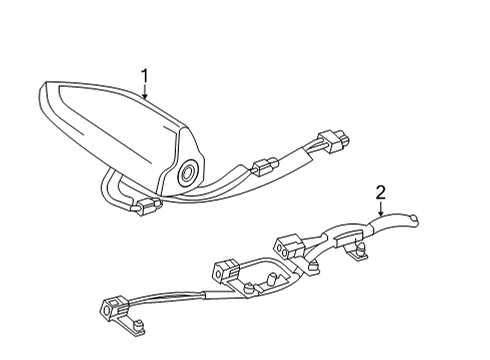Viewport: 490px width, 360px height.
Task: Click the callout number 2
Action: coord(380,192)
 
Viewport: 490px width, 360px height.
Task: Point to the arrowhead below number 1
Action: coord(146,98)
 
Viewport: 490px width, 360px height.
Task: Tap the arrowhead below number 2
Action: coord(380,216)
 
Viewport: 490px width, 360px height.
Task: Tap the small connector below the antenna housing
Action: coord(150,206)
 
